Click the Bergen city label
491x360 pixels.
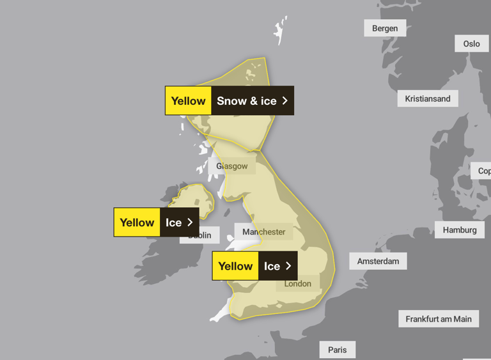[x=385, y=28]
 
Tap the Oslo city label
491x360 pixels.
[x=471, y=44]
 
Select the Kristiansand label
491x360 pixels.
[x=427, y=99]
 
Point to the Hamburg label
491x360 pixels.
[x=459, y=230]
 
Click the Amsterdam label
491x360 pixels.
[x=378, y=261]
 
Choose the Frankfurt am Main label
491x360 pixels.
[x=438, y=319]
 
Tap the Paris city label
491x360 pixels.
[x=337, y=350]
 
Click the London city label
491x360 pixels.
[x=298, y=284]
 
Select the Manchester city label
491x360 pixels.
[x=264, y=232]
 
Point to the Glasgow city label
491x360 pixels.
[x=231, y=166]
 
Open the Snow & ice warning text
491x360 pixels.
[x=247, y=101]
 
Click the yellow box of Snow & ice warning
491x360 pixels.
[x=188, y=101]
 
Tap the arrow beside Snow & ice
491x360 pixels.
[x=285, y=101]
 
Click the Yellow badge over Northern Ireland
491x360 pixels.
[x=137, y=223]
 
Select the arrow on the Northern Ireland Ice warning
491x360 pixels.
[x=190, y=223]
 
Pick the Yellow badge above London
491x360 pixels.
[x=235, y=266]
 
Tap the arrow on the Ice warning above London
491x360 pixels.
[x=288, y=266]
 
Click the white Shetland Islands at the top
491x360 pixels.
[x=280, y=30]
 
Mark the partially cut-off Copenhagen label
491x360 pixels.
[x=483, y=171]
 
